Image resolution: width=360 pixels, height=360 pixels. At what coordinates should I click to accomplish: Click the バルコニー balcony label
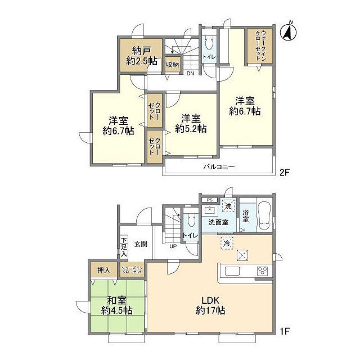click(219, 166)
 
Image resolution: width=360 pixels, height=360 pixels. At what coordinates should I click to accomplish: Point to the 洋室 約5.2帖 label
click(191, 123)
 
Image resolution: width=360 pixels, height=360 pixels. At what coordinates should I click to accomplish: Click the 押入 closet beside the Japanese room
click(103, 270)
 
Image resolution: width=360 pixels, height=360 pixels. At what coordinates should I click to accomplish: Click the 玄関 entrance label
click(141, 244)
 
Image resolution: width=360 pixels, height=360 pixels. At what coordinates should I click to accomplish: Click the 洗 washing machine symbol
click(228, 206)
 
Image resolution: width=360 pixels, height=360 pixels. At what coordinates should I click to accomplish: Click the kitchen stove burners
click(262, 271)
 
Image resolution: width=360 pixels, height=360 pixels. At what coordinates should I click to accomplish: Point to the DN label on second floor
click(190, 73)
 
